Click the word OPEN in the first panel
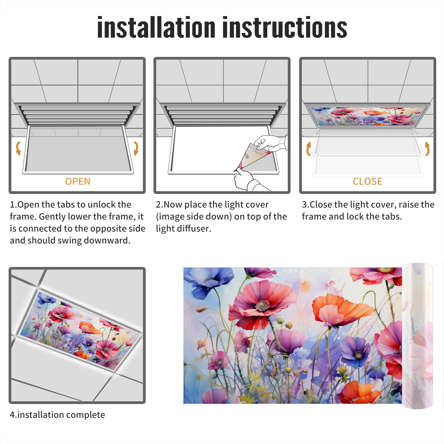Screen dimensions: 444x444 pyautogui.click(x=78, y=181)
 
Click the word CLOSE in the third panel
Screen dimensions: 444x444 pyautogui.click(x=367, y=181)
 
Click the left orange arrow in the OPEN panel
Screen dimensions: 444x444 pyautogui.click(x=18, y=148)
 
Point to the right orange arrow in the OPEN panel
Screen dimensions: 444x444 pyautogui.click(x=136, y=148)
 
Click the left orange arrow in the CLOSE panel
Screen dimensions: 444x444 pyautogui.click(x=308, y=148)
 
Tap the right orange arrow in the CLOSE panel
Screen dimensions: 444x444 pyautogui.click(x=427, y=148)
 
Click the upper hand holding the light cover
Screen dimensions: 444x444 pyautogui.click(x=271, y=143)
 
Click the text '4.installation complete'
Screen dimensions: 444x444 pyautogui.click(x=57, y=415)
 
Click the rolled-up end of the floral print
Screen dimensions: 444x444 pyautogui.click(x=418, y=336)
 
